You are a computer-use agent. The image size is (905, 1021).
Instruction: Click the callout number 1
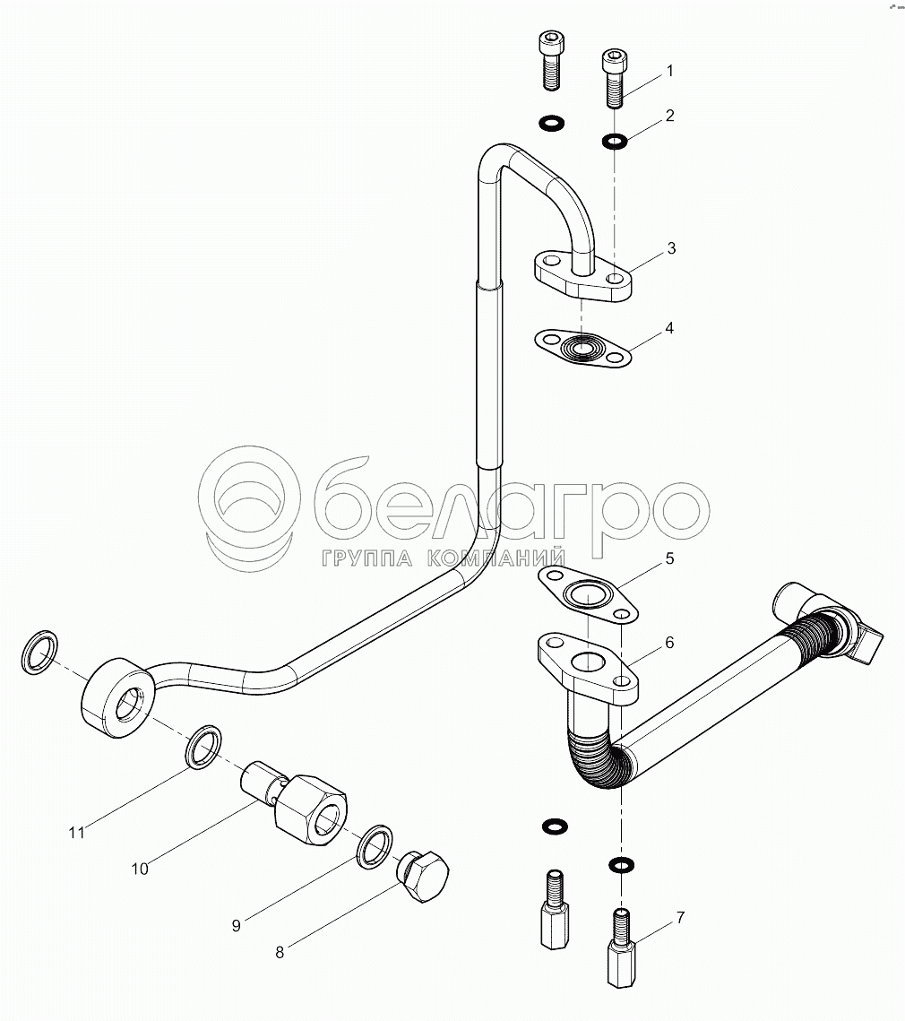pos(669,70)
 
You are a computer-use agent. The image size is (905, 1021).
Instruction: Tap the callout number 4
pos(669,328)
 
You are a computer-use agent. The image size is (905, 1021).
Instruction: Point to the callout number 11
pos(77,833)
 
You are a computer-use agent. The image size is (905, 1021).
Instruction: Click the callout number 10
pos(140,868)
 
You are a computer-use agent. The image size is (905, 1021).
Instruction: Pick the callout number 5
pos(668,558)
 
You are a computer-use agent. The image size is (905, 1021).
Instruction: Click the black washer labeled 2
pos(615,140)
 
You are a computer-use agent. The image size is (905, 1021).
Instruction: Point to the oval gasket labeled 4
pos(582,348)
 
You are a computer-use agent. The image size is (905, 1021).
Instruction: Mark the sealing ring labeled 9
pos(375,845)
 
